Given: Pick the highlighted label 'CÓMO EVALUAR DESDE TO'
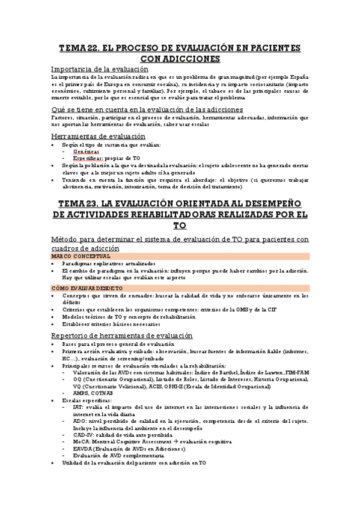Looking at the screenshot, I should point(87,288).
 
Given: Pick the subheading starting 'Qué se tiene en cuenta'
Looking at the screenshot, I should point(147,109).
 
